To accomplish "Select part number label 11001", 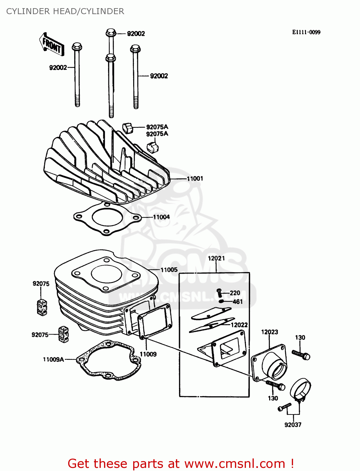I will click(x=195, y=178).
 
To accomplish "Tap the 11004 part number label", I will click(x=161, y=217).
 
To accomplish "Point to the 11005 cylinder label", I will click(x=169, y=270).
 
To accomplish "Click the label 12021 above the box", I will click(x=216, y=258).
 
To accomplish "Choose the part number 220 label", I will click(x=235, y=293).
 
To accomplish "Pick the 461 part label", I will click(x=237, y=301).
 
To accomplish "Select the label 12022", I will click(x=239, y=325).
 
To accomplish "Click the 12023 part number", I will click(x=270, y=332).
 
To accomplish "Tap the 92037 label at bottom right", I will click(x=293, y=425).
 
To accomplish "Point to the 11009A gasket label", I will click(x=53, y=359).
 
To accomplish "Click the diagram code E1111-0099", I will click(x=306, y=32).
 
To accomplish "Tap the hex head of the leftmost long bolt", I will click(x=77, y=47).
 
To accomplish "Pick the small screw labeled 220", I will click(x=220, y=293).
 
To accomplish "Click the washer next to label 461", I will click(x=221, y=301).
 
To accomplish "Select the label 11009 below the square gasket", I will click(x=148, y=354).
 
